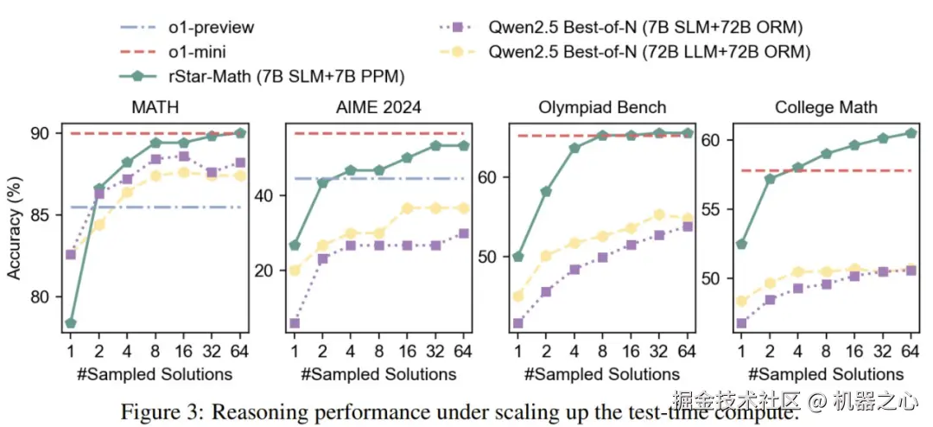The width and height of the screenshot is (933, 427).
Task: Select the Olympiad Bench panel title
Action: (x=603, y=108)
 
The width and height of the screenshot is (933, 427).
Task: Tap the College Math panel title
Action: (x=826, y=108)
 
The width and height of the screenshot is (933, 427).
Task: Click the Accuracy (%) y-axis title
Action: (x=15, y=227)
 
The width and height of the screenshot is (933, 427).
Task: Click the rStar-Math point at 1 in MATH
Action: (x=71, y=323)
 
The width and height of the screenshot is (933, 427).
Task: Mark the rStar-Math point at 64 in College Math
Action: (x=911, y=133)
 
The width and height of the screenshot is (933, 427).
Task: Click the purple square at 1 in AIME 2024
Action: (x=295, y=323)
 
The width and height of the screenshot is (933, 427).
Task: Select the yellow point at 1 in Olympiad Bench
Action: (x=517, y=296)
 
